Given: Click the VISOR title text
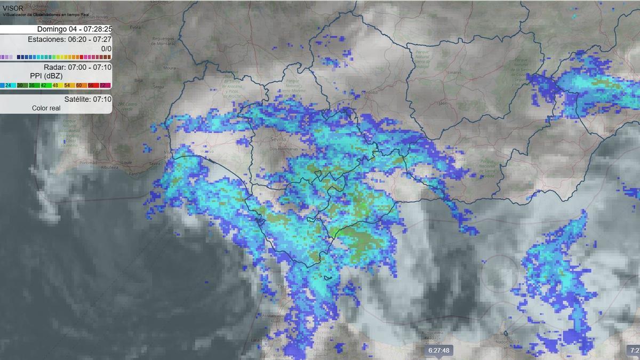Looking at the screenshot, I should click(13, 8).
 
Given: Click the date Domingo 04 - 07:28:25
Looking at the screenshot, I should click(74, 29).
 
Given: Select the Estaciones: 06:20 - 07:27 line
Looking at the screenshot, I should click(69, 39).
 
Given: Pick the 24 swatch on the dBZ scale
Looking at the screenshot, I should click(8, 85).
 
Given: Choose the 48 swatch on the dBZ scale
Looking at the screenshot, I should click(55, 85).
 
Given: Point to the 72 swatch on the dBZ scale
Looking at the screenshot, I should click(102, 85).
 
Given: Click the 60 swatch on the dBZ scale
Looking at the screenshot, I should click(78, 85).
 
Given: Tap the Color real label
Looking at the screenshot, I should click(46, 108).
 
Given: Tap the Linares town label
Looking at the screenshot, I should click(455, 71).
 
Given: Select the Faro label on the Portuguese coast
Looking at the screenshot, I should click(133, 174).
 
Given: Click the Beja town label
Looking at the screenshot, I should click(139, 81).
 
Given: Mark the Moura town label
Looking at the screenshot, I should click(169, 68).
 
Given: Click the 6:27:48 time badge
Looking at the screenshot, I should click(438, 350).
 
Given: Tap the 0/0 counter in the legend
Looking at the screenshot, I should click(106, 48).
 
